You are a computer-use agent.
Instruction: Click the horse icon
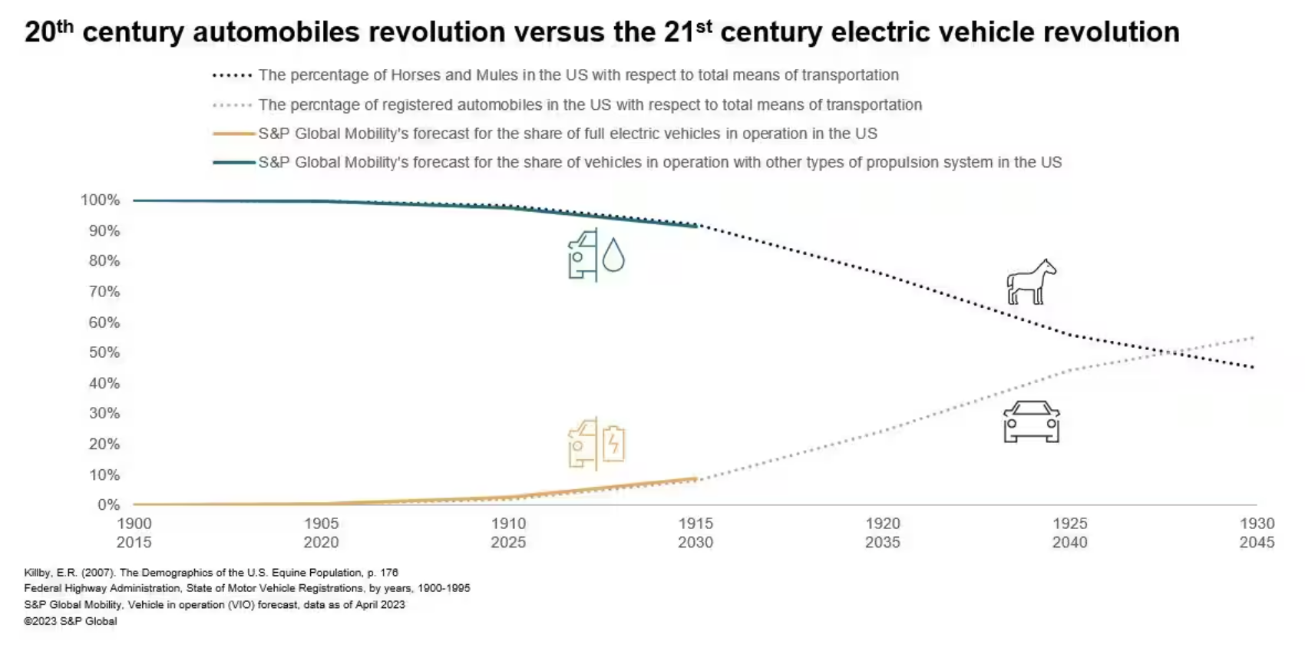point(1031,282)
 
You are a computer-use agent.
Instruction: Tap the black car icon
point(1031,422)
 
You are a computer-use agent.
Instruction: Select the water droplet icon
point(613,255)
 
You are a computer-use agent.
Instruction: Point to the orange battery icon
point(613,443)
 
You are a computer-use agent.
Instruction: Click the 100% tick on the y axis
point(101,200)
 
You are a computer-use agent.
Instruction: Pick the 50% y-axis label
point(104,352)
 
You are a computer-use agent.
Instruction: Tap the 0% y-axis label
point(109,504)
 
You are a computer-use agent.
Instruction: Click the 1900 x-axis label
point(134,523)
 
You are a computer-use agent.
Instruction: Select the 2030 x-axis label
point(695,542)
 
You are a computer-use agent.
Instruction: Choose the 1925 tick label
point(1069,523)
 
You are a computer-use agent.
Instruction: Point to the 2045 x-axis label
point(1257,542)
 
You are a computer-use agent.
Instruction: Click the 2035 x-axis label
point(883,542)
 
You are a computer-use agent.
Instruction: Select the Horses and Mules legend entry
point(578,75)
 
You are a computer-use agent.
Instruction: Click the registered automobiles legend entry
point(590,104)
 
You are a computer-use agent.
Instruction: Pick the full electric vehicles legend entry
point(567,134)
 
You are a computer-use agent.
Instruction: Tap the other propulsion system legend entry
point(659,163)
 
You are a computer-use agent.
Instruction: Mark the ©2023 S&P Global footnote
point(71,621)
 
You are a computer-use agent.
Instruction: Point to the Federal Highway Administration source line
point(247,588)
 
